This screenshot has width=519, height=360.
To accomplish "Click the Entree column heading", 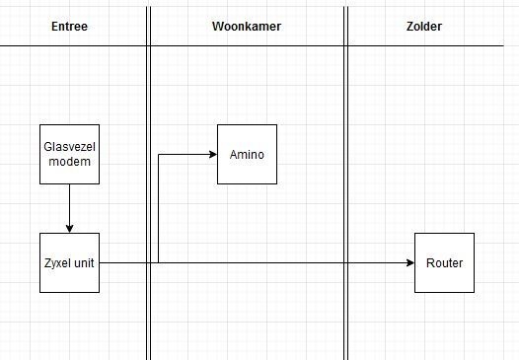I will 69,26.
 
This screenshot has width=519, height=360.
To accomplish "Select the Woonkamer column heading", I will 247,26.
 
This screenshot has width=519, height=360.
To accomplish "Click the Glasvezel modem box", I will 69,155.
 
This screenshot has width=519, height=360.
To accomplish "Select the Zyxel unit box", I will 69,263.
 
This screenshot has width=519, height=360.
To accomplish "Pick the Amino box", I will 247,155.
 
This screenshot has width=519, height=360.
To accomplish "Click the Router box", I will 444,263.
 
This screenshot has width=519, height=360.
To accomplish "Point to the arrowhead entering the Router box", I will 408,263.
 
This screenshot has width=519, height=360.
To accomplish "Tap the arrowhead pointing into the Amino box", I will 211,155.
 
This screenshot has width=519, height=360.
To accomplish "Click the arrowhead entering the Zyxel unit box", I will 69,228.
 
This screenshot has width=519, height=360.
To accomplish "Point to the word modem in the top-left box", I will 69,162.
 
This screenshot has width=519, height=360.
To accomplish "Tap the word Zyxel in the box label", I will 57,263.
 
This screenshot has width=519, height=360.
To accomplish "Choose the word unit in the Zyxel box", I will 83,263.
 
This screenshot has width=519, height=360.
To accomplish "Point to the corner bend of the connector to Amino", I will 158,155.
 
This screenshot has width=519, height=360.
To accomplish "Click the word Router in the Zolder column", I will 444,263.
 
